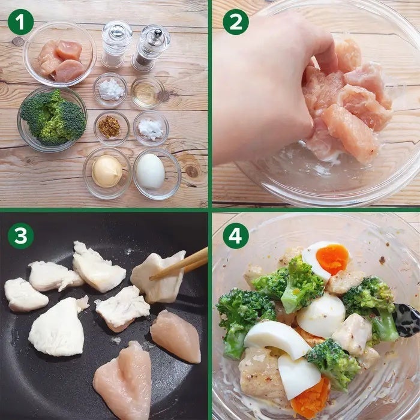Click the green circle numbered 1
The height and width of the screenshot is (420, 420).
(20, 22)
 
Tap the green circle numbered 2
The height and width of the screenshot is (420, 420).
(236, 22)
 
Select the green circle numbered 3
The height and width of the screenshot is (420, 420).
(20, 236)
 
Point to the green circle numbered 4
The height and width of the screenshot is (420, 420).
(236, 236)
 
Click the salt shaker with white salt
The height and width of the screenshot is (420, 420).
(116, 44)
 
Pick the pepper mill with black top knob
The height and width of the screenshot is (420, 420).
(150, 47)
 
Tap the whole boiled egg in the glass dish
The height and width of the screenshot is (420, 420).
(150, 171)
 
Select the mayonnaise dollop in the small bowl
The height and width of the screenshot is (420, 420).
(107, 171)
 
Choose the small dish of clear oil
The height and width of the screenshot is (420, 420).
(148, 92)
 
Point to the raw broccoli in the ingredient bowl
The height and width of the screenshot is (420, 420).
(53, 118)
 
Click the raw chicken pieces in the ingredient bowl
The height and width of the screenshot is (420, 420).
(61, 61)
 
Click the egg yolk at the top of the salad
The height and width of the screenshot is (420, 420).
(332, 259)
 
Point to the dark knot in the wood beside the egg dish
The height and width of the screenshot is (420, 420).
(193, 170)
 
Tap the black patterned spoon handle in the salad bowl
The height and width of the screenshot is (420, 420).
(406, 320)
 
